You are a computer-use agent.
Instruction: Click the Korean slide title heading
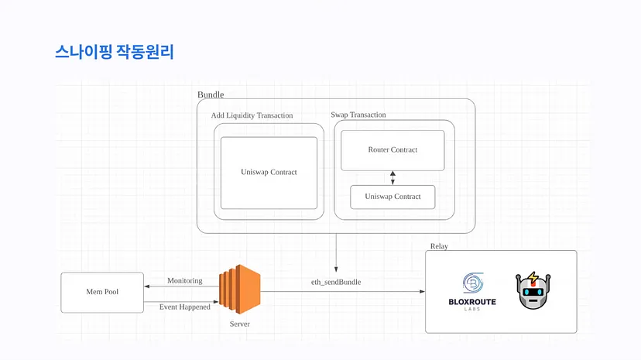point(115,53)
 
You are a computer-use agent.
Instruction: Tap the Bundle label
point(211,94)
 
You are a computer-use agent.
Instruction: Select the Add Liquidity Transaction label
point(252,115)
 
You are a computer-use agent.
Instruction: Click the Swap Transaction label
point(358,115)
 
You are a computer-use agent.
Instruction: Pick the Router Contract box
point(392,150)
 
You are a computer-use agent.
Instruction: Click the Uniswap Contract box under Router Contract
point(392,197)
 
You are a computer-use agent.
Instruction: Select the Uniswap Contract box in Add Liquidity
point(269,173)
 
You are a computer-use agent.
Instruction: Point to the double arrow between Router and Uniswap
point(392,178)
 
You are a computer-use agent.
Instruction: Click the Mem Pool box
point(102,292)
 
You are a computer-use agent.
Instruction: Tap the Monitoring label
point(185,280)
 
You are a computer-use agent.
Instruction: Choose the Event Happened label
point(184,307)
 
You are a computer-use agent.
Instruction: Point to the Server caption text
point(240,322)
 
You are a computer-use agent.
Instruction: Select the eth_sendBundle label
point(336,282)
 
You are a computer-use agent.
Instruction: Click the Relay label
point(439,246)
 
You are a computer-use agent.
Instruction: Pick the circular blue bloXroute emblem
point(473,282)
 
